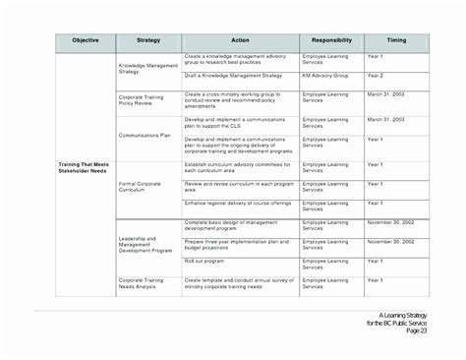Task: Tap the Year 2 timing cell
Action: (376, 76)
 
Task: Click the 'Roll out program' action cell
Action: (204, 262)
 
